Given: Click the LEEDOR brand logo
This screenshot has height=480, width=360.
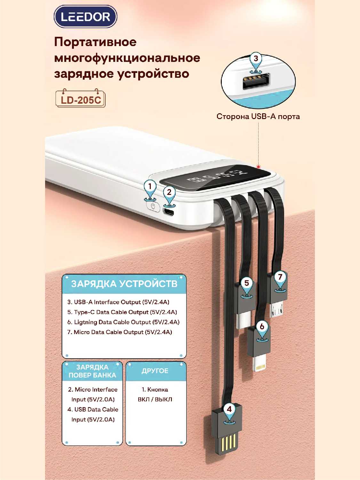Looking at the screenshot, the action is tap(85, 17).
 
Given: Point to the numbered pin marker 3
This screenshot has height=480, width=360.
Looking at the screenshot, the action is tap(256, 63).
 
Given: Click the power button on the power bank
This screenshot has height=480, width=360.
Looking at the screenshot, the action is tap(153, 206).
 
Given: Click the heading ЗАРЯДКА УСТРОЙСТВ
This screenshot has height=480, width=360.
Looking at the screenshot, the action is tap(124, 284).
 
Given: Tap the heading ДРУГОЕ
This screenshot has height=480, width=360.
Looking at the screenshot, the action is tap(155, 371).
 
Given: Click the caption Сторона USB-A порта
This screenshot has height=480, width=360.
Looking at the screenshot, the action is tap(258, 116).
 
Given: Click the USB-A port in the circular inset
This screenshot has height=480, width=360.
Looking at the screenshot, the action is tap(256, 82).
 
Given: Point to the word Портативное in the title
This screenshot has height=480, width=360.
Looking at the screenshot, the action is tap(95, 42).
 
